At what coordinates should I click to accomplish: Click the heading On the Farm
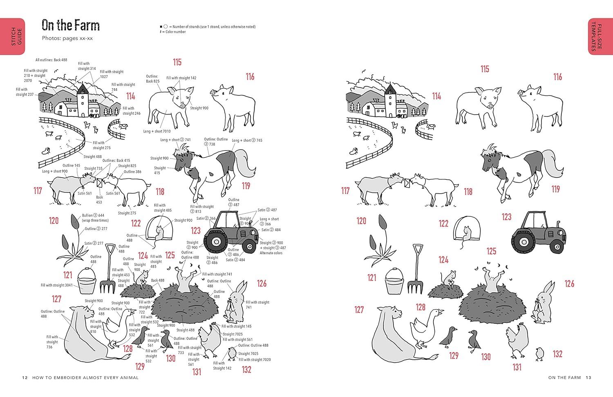pos(71,25)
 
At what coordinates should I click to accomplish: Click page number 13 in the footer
pos(589,378)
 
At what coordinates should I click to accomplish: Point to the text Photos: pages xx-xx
pos(67,38)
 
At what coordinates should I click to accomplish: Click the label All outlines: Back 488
pos(51,60)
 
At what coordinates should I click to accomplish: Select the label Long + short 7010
pos(157,132)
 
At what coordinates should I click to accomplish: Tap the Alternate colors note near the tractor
pos(271,253)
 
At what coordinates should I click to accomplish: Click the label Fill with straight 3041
pos(56,285)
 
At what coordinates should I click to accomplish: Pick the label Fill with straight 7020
pos(255,360)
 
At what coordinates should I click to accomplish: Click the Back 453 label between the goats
pos(99,200)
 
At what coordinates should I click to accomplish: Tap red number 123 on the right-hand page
pos(507,217)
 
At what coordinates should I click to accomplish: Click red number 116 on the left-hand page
pos(250,76)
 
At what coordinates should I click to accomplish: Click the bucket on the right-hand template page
pos(396,281)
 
